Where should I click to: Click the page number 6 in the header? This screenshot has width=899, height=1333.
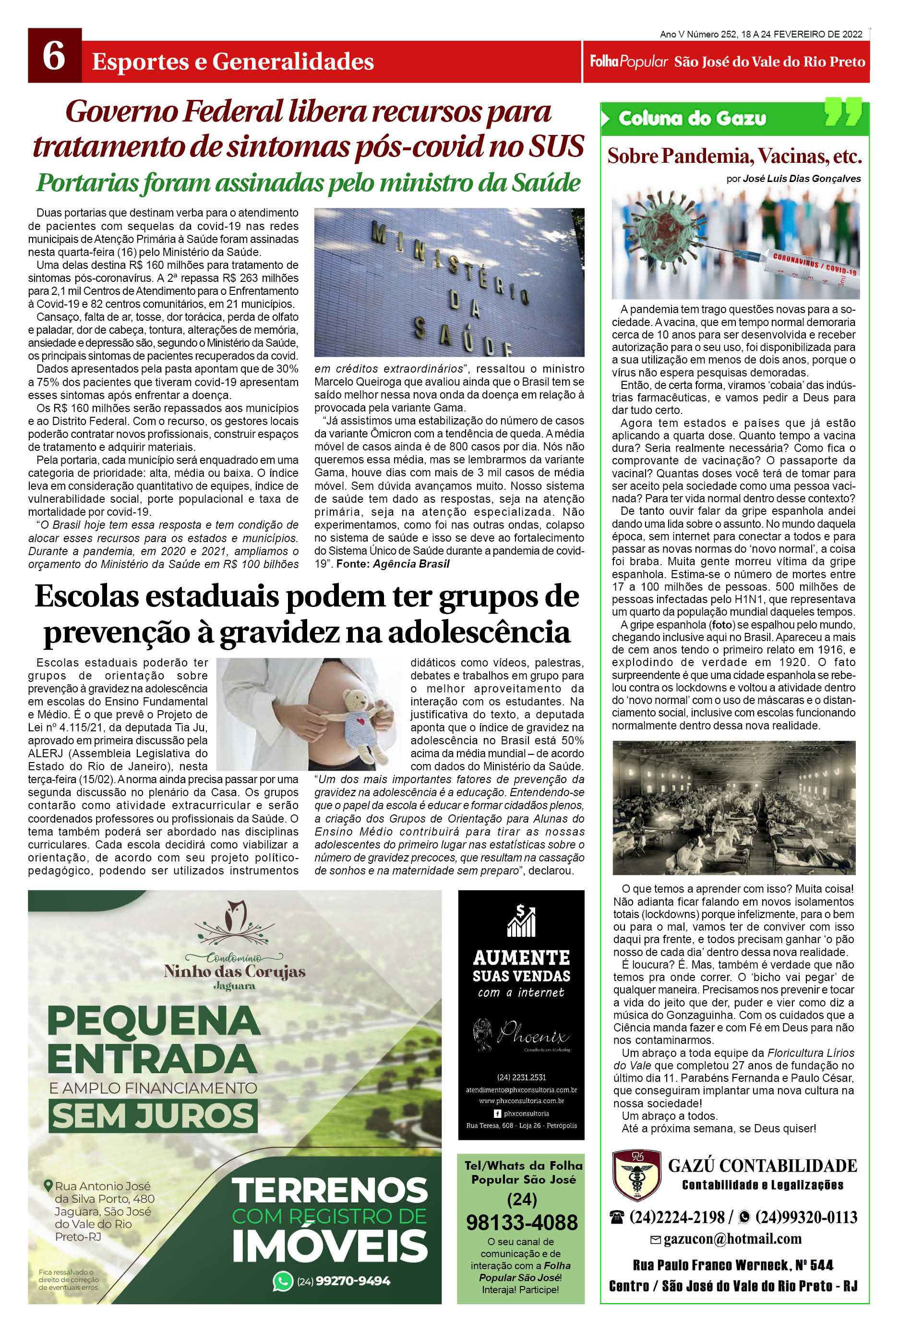click(53, 59)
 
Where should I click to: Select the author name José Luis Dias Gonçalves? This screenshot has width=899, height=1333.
click(802, 178)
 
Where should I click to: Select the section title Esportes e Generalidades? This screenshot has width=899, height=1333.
click(233, 61)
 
